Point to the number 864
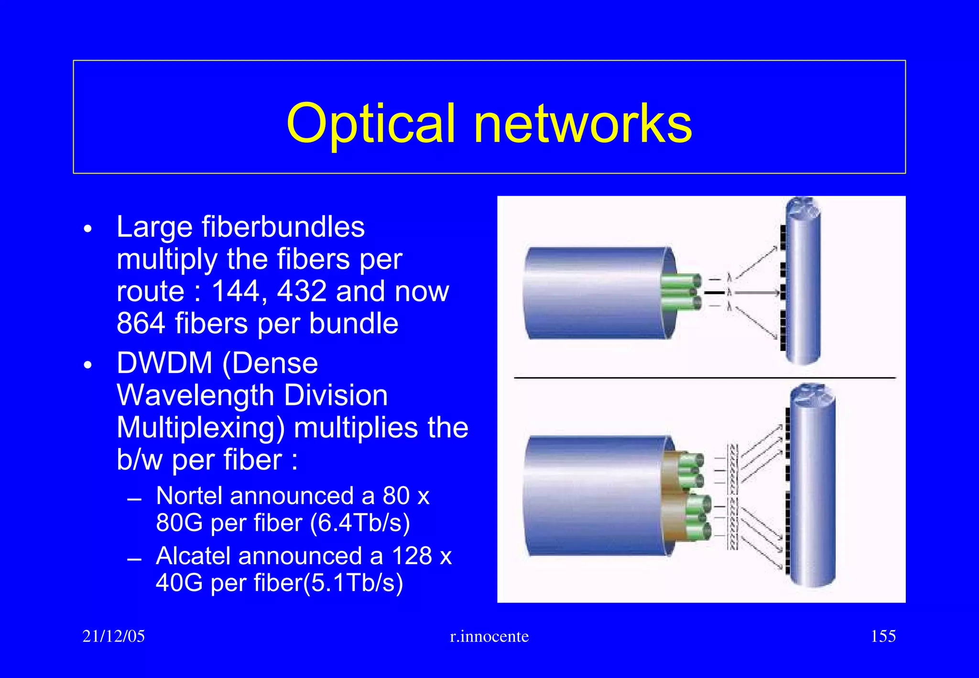[x=141, y=323]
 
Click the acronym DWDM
[x=164, y=363]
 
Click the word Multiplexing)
[x=201, y=427]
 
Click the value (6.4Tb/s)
[x=360, y=523]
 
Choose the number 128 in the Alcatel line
[x=412, y=556]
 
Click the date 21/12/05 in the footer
[x=113, y=636]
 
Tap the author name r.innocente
[x=489, y=636]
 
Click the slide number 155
[x=883, y=636]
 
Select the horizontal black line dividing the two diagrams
[x=705, y=378]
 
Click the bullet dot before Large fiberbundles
[x=87, y=229]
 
